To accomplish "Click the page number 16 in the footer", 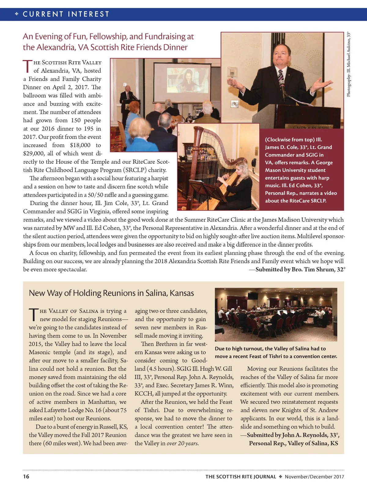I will tap(26, 476).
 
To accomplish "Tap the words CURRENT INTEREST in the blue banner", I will tap(66, 14).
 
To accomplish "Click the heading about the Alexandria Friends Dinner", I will tap(108, 42).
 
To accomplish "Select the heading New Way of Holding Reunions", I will tap(111, 293).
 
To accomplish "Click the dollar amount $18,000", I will tap(80, 145).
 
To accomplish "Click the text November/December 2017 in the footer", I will tap(314, 476).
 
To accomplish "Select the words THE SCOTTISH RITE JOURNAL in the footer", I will tap(241, 476).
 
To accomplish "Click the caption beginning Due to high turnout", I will tap(276, 352).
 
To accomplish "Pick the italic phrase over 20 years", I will tap(183, 443).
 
